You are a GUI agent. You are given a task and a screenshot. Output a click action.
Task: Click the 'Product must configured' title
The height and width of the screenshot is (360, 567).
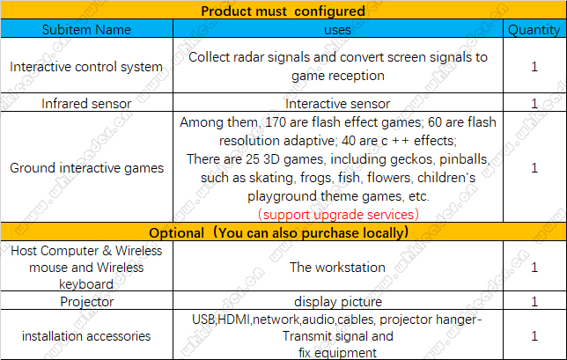[x=283, y=11]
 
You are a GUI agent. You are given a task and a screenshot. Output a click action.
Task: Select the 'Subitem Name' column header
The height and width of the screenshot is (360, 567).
[x=86, y=30]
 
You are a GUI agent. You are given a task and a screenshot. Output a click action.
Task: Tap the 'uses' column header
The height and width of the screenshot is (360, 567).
[x=337, y=30]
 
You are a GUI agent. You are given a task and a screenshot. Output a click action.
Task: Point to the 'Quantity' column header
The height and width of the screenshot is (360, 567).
[x=534, y=30]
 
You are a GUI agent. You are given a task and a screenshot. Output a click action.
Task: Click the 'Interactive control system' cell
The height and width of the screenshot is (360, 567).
[x=86, y=67]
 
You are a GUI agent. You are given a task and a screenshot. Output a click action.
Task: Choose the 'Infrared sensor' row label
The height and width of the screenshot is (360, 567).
[x=86, y=104]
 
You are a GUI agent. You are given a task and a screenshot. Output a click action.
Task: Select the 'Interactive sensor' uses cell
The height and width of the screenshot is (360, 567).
[x=338, y=104]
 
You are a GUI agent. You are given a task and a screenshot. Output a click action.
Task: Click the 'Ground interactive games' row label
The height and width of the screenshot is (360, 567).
[x=86, y=168]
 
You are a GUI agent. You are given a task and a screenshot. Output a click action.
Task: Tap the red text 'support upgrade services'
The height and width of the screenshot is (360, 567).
[x=338, y=215]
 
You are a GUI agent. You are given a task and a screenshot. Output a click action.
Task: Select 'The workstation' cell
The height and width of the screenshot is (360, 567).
[x=337, y=268]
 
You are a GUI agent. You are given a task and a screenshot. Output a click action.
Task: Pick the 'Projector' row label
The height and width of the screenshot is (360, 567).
[x=87, y=302]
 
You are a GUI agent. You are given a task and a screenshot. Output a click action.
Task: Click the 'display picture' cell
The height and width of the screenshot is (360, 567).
[x=338, y=302]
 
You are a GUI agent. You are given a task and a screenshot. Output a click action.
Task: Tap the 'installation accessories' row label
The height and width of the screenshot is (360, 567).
[x=86, y=336]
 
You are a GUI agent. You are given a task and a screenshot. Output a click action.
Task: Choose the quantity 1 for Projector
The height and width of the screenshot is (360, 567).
[x=534, y=302]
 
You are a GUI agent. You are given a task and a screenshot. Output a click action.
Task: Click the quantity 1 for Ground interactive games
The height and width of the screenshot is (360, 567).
[x=534, y=168]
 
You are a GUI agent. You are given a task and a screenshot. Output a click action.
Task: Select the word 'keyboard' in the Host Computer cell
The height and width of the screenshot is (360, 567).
[x=86, y=284]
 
